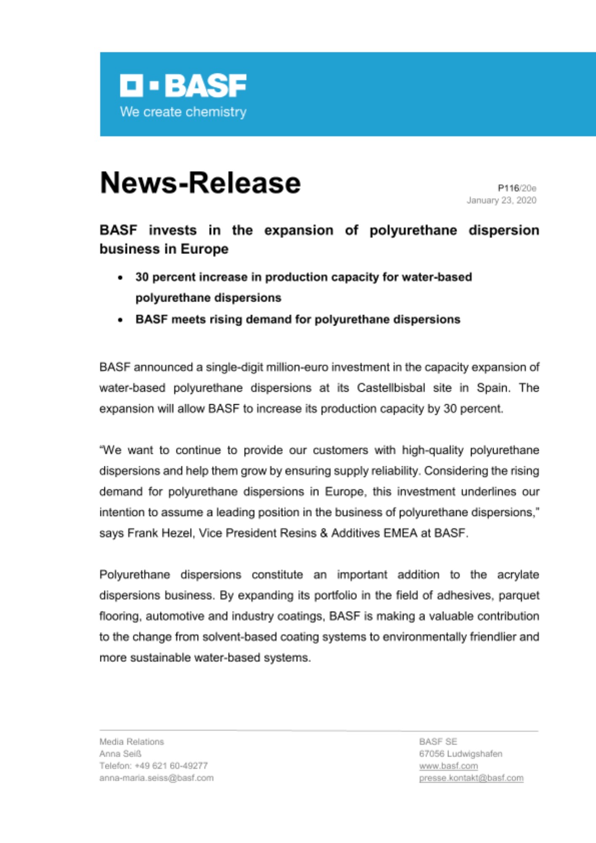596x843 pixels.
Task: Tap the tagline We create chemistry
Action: pyautogui.click(x=183, y=112)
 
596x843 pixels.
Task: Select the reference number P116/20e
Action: pyautogui.click(x=517, y=188)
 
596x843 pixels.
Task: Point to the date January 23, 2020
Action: pyautogui.click(x=501, y=200)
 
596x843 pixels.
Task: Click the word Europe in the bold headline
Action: pyautogui.click(x=204, y=249)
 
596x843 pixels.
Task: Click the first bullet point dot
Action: pyautogui.click(x=121, y=278)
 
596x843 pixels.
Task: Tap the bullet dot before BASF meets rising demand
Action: pyautogui.click(x=121, y=320)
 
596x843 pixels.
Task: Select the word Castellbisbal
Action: pyautogui.click(x=391, y=388)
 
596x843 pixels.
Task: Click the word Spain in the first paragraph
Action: pyautogui.click(x=492, y=388)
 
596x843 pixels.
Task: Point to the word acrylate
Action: pyautogui.click(x=518, y=575)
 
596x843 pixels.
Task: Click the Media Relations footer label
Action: pyautogui.click(x=132, y=742)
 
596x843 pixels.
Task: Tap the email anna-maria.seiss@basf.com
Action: pyautogui.click(x=156, y=778)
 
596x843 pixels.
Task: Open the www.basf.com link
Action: pyautogui.click(x=448, y=766)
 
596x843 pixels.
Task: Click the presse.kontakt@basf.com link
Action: pyautogui.click(x=471, y=778)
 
